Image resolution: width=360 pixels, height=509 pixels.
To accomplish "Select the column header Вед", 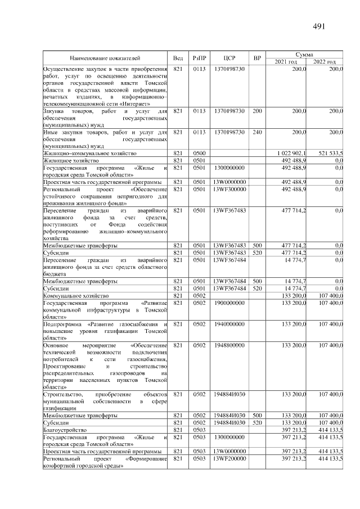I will pyautogui.click(x=178, y=57).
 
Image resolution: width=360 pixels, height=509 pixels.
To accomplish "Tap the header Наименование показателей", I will pyautogui.click(x=105, y=57).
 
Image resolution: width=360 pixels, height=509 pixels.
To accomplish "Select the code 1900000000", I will pyautogui.click(x=229, y=303).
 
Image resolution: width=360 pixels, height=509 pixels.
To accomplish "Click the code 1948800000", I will pyautogui.click(x=229, y=345).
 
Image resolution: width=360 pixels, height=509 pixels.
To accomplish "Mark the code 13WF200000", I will pyautogui.click(x=229, y=459).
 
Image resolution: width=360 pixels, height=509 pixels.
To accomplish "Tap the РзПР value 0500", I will pyautogui.click(x=200, y=153).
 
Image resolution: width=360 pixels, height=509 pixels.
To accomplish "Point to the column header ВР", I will pyautogui.click(x=257, y=57).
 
